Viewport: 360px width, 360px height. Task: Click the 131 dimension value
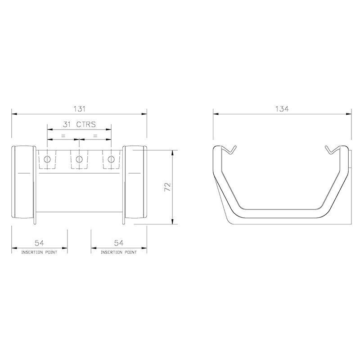79,108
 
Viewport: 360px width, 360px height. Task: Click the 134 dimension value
282,108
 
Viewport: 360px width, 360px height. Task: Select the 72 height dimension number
167,188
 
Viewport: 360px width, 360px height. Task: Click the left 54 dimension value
39,243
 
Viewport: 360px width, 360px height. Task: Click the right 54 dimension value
119,243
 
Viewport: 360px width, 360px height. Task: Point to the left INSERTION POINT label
39,252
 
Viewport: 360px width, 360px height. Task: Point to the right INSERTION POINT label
119,252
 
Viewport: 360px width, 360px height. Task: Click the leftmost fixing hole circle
47,159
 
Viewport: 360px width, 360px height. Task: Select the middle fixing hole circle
79,159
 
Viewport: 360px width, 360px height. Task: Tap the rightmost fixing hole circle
111,159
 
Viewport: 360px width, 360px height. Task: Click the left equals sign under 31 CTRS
63,135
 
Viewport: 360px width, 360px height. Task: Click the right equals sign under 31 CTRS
95,135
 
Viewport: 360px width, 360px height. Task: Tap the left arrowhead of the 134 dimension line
215,114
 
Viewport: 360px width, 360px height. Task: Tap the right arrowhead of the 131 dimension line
145,114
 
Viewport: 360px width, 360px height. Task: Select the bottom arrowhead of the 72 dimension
173,222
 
